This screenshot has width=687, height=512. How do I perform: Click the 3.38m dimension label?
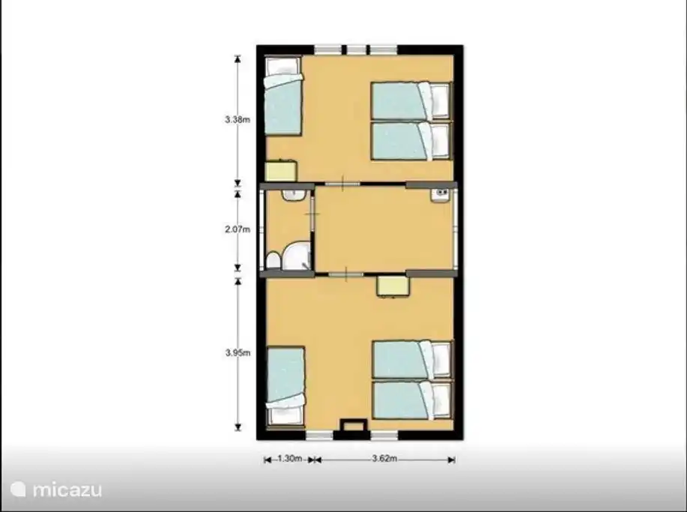[x=237, y=119]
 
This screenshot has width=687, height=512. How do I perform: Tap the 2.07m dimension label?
[x=237, y=229]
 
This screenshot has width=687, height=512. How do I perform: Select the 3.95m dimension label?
[x=238, y=352]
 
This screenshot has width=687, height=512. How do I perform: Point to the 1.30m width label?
[x=290, y=459]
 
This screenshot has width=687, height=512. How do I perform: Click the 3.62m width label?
[x=384, y=459]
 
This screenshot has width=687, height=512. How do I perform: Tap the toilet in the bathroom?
[x=273, y=259]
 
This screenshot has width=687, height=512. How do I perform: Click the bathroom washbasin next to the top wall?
[x=293, y=195]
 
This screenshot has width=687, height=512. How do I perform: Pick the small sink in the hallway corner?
[x=440, y=195]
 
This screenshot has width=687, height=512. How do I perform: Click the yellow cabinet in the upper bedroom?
[x=281, y=171]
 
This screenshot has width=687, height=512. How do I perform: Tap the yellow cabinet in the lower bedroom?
[x=394, y=287]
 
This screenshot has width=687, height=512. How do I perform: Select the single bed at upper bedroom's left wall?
[x=283, y=95]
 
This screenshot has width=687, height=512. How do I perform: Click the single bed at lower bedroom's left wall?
[x=285, y=387]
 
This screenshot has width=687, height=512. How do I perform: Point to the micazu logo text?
[x=67, y=490]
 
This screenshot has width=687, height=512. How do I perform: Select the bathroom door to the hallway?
[x=312, y=214]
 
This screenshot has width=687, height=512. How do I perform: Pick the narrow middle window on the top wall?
[x=356, y=49]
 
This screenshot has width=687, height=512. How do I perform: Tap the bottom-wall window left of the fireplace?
[x=319, y=435]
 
